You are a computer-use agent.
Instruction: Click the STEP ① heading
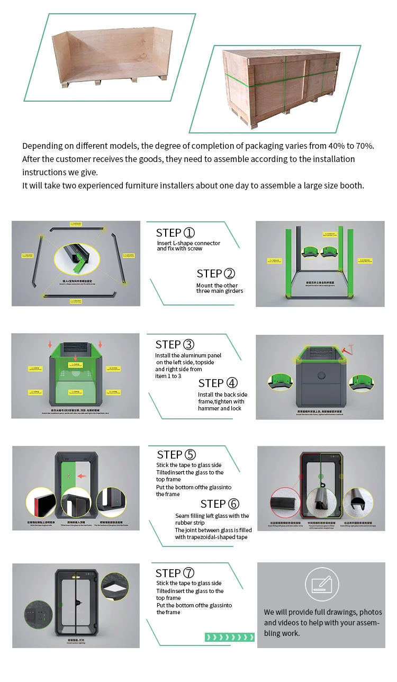point(175,233)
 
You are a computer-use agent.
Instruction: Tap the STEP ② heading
point(215,274)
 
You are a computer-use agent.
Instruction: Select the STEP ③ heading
point(175,345)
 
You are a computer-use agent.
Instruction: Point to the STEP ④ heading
point(218,383)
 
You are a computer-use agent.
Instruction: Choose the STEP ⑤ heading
point(176,455)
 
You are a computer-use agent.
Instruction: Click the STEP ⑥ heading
point(220,504)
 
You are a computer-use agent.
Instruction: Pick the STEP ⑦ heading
point(175,573)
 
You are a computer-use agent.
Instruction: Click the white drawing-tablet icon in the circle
point(322,584)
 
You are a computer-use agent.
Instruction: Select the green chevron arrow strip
point(229,637)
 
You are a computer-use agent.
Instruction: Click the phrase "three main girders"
point(220,291)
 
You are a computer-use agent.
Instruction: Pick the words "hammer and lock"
point(220,409)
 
